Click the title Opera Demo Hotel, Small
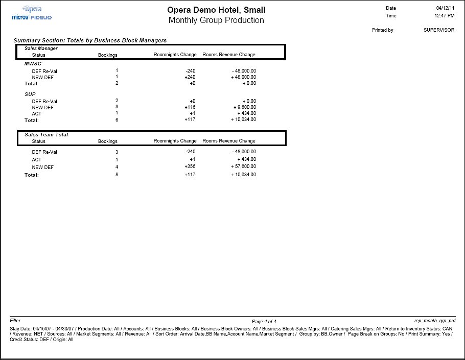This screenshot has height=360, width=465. click(216, 10)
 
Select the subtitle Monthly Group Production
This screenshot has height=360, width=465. click(216, 20)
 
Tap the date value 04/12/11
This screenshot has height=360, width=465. click(445, 9)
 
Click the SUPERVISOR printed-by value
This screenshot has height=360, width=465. click(438, 30)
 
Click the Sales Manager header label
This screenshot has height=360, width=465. click(41, 49)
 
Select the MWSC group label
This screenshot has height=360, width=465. click(33, 64)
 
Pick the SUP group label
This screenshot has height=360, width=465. click(30, 94)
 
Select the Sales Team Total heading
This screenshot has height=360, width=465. click(46, 135)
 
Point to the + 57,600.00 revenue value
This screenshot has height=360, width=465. click(242, 167)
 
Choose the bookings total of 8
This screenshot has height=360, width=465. click(117, 175)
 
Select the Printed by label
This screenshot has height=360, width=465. click(382, 30)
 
